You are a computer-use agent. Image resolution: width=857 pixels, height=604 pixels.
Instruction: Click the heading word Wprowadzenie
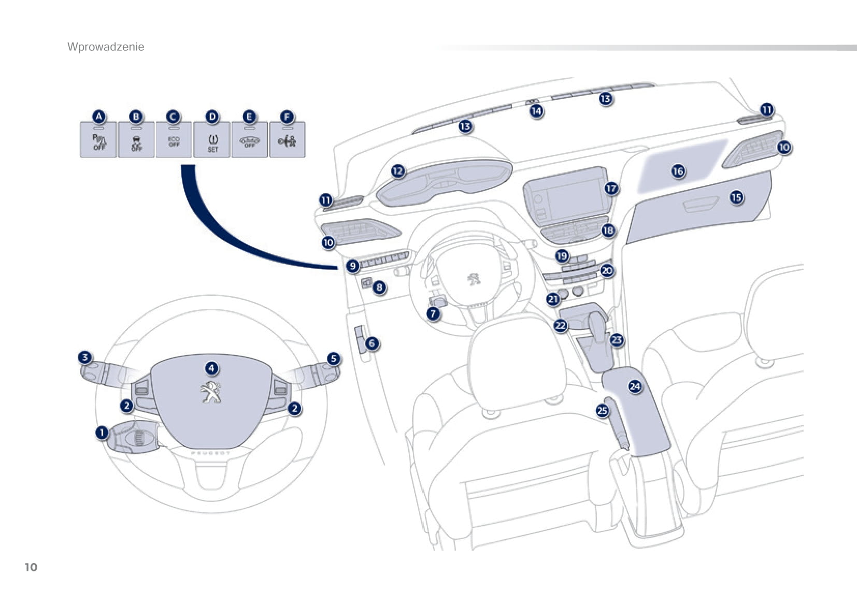coord(106,47)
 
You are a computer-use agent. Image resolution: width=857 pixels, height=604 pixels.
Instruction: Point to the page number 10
coord(31,567)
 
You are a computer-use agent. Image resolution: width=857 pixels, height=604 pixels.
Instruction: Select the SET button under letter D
coord(212,141)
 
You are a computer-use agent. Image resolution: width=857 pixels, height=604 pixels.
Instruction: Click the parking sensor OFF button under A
coord(98,141)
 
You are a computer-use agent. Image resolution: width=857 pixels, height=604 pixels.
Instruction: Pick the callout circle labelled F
coord(287,117)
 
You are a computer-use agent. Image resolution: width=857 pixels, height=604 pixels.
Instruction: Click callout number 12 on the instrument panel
coord(397,170)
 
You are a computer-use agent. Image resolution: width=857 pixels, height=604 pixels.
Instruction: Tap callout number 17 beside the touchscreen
coord(611,188)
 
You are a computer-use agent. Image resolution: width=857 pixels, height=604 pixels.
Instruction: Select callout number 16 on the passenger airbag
coord(678,170)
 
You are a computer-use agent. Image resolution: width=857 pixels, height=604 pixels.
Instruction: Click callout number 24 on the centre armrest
coord(635,386)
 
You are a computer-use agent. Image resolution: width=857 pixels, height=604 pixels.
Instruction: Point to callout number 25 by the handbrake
coord(602,410)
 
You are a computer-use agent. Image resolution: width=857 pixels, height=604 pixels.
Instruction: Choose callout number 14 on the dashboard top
coord(536,110)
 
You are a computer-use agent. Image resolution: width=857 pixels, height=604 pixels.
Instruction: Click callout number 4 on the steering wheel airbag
coord(211,368)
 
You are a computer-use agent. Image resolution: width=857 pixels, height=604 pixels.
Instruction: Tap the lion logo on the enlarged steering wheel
coord(211,392)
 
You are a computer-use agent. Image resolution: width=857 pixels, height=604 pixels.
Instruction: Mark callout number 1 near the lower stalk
coord(102,432)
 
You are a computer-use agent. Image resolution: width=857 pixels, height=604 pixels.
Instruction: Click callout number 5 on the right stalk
coord(334,358)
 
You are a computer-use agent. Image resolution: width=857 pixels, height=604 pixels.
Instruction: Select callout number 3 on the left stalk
coord(84,357)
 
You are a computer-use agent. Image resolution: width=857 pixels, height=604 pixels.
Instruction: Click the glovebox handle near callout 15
coord(701,204)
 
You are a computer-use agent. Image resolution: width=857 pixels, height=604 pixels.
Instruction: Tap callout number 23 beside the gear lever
coord(617,340)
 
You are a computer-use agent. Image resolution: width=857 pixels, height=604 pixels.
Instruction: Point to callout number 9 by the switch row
coord(352,266)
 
